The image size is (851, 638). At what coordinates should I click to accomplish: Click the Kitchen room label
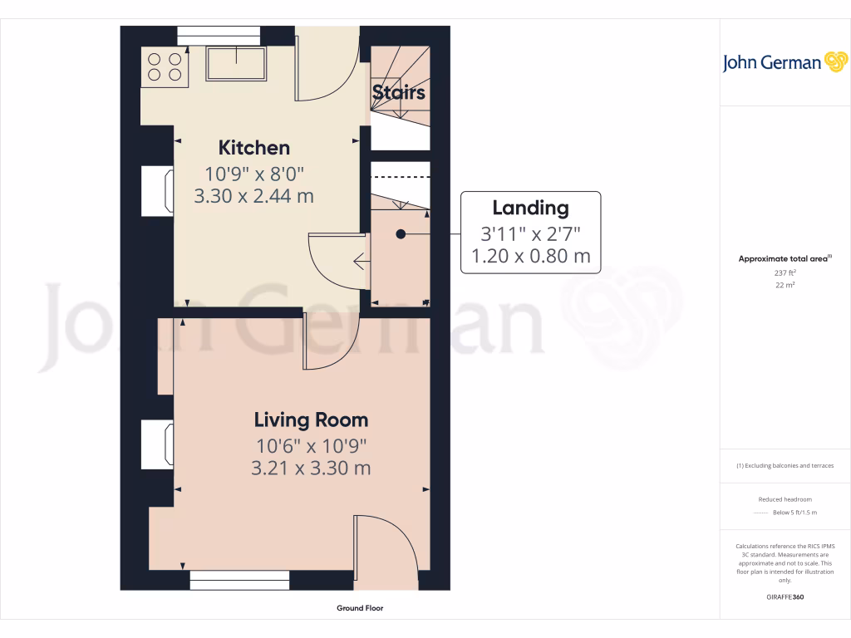pyautogui.click(x=253, y=148)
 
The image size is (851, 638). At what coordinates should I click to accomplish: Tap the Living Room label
pyautogui.click(x=311, y=420)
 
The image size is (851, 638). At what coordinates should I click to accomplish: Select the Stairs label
pyautogui.click(x=399, y=92)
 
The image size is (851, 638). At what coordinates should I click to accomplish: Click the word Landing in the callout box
pyautogui.click(x=530, y=209)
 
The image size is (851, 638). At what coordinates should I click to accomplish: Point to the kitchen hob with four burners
pyautogui.click(x=165, y=66)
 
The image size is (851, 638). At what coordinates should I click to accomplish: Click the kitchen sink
pyautogui.click(x=237, y=63)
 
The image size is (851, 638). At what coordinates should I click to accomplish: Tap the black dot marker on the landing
pyautogui.click(x=400, y=234)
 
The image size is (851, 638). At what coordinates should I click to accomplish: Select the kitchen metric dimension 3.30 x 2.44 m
pyautogui.click(x=253, y=197)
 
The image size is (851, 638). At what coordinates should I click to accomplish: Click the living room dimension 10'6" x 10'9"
pyautogui.click(x=311, y=445)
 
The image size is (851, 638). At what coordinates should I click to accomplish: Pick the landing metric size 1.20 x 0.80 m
pyautogui.click(x=530, y=256)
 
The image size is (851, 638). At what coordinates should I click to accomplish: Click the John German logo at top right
pyautogui.click(x=784, y=62)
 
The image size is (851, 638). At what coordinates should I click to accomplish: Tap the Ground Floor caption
pyautogui.click(x=360, y=608)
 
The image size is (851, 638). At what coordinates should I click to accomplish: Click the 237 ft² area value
pyautogui.click(x=785, y=272)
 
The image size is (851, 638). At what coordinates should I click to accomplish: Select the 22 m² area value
pyautogui.click(x=785, y=285)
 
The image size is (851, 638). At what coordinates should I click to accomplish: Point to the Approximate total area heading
pyautogui.click(x=784, y=259)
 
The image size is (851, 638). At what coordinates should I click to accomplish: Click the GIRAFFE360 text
pyautogui.click(x=785, y=597)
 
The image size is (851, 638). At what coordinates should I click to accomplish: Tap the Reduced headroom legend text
pyautogui.click(x=785, y=499)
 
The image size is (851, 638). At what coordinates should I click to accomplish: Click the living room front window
pyautogui.click(x=239, y=580)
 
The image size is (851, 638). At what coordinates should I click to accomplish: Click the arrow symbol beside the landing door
pyautogui.click(x=360, y=262)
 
